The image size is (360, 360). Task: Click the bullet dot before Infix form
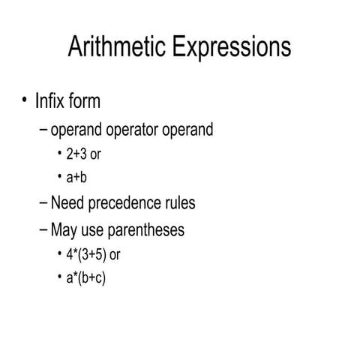click(x=25, y=100)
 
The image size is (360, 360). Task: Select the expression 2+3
click(x=76, y=155)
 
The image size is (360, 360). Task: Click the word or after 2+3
click(x=96, y=155)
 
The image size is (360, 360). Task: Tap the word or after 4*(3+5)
click(x=115, y=254)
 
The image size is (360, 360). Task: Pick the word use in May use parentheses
click(x=96, y=229)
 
